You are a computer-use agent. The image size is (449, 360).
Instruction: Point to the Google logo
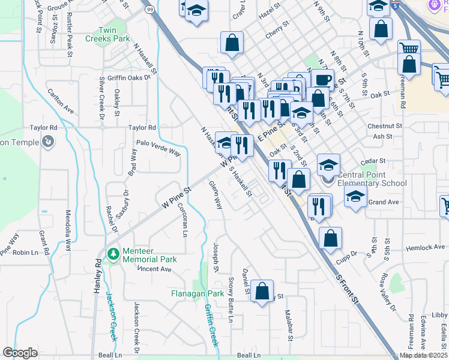click(x=20, y=353)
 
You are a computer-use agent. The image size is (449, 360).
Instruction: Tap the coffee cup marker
click(x=322, y=80)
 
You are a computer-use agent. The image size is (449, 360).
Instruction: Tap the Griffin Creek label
click(x=211, y=325)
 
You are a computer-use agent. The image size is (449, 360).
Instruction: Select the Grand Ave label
click(x=384, y=202)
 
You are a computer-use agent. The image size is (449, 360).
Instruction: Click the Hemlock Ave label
click(x=424, y=247)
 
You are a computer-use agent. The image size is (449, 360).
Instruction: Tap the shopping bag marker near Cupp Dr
click(x=330, y=238)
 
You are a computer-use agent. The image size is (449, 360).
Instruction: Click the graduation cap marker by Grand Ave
click(x=355, y=197)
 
